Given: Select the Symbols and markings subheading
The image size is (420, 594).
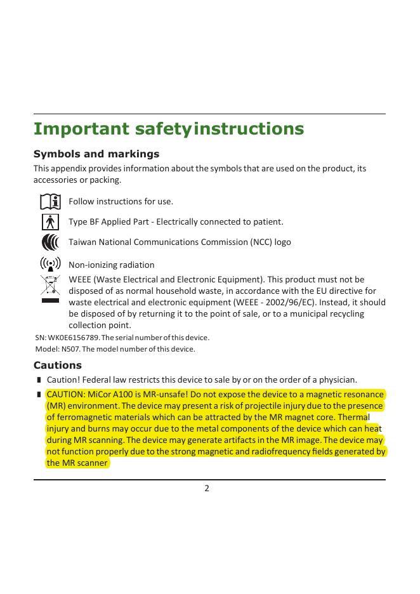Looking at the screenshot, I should point(96,154).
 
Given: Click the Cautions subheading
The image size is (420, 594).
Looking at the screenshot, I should point(57,366).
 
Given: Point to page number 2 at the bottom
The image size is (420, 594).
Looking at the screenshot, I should point(207,488).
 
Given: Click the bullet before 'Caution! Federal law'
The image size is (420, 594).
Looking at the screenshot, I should point(39,380).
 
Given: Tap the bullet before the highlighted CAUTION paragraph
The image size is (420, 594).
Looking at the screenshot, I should point(39,394).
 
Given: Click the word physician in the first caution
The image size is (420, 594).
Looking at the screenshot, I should point(338,380).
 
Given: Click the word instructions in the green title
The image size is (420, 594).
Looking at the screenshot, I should point(249,129).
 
